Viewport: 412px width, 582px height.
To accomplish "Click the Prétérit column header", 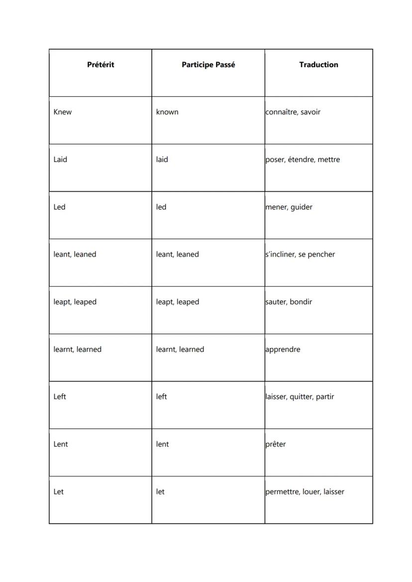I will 101,65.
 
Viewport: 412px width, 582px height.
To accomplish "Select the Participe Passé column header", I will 208,65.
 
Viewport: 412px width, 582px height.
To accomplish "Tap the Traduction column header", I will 318,65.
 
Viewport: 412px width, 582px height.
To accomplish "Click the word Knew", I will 63,112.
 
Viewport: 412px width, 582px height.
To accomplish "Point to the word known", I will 167,112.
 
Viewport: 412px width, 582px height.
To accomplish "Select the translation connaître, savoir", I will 293,112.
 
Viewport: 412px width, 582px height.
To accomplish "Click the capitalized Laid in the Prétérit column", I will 60,160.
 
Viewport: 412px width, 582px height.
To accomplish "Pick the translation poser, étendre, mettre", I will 303,160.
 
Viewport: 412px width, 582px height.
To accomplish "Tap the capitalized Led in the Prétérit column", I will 59,207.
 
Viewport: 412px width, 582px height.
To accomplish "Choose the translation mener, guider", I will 289,207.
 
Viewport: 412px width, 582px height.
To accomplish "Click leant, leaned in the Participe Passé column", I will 177,254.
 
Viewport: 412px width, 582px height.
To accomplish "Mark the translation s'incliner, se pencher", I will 300,254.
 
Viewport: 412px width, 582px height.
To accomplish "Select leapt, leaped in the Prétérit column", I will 75,302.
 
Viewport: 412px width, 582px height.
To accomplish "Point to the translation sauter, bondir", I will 289,302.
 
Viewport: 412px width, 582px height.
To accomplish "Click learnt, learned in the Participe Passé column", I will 180,349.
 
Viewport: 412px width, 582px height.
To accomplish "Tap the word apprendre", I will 283,349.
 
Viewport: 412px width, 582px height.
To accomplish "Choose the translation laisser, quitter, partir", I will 300,397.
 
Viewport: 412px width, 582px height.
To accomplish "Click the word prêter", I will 276,444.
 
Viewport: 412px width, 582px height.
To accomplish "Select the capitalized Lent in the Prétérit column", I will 61,444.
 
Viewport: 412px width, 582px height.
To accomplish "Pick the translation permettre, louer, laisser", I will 305,492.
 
